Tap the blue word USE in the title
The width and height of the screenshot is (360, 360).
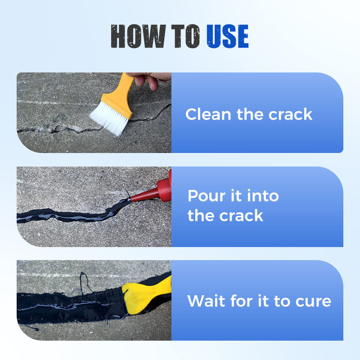coord(227,36)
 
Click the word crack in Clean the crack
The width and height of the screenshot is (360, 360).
coord(290,114)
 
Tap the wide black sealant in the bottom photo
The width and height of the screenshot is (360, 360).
coord(67,306)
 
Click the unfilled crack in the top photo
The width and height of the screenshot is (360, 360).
coord(54,130)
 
